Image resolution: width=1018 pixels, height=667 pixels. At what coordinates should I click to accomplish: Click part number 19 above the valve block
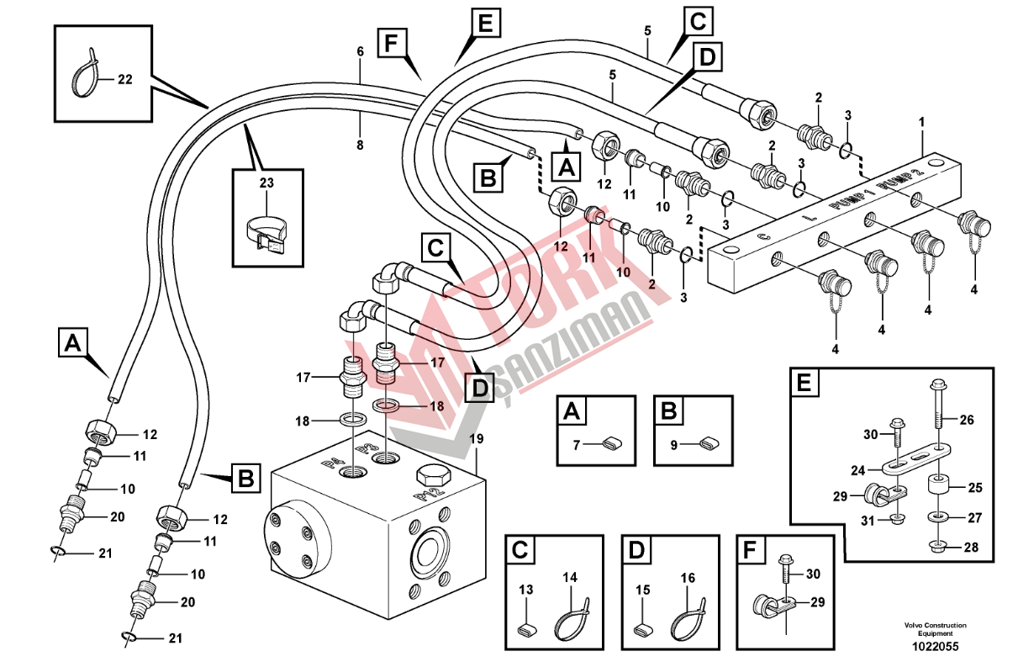pos(477,439)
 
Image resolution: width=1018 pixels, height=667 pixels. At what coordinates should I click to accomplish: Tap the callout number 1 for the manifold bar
pos(921,124)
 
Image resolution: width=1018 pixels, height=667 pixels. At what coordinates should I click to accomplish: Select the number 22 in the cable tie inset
pos(124,80)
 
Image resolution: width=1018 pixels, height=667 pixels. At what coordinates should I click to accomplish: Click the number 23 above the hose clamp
pos(266,182)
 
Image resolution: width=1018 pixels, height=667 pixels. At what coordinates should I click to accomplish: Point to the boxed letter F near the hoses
pos(391,41)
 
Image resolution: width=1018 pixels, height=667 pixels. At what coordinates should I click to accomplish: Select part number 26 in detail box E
pos(965,419)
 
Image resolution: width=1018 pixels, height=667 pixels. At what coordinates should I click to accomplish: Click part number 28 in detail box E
pos(971,548)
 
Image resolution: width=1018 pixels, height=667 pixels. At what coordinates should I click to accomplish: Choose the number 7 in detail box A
pos(577,445)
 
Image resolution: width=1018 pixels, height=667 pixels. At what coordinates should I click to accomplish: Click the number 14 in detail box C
pos(571,578)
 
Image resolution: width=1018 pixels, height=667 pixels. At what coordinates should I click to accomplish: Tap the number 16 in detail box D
pos(688,578)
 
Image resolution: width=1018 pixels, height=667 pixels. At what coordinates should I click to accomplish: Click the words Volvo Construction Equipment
pos(935,629)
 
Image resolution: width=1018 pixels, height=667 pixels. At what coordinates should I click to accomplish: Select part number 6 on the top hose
pos(361,52)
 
